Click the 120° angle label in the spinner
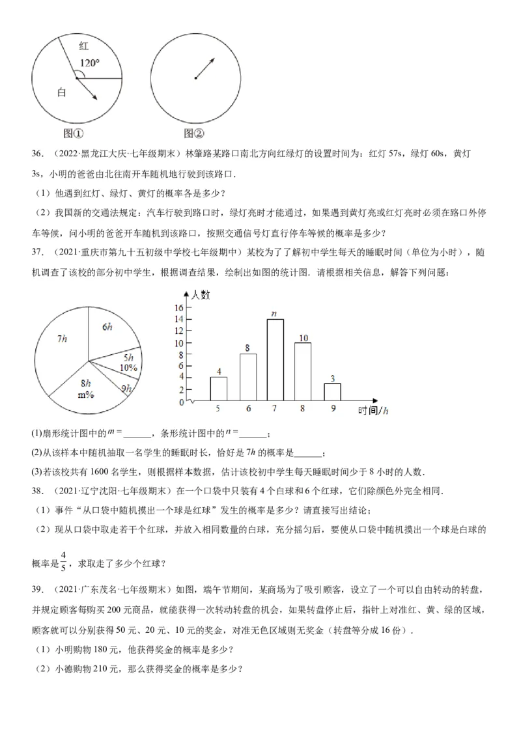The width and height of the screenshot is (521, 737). point(90,63)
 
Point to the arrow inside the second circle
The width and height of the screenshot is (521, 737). point(205,68)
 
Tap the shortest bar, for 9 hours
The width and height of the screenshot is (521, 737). point(332,392)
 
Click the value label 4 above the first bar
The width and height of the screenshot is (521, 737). point(219,371)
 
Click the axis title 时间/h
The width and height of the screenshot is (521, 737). point(373,410)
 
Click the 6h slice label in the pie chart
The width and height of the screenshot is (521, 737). point(108,327)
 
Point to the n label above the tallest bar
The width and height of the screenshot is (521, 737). point(275,313)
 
